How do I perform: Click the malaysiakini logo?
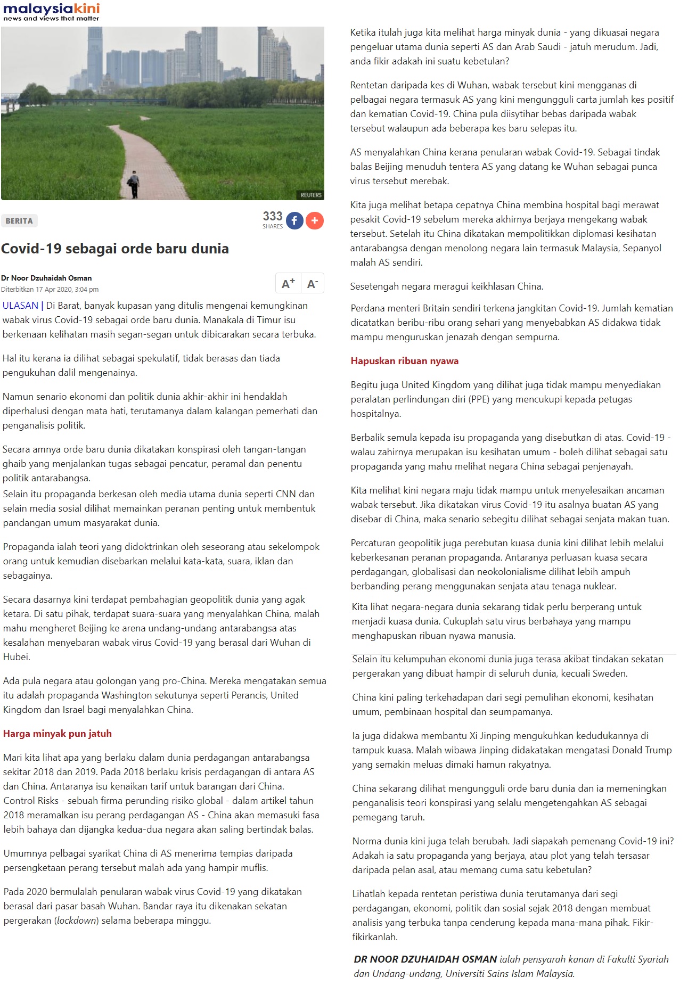(x=51, y=11)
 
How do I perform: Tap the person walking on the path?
(x=133, y=184)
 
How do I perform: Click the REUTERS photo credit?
(x=311, y=195)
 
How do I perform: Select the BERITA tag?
(x=19, y=221)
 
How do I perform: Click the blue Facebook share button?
(x=294, y=220)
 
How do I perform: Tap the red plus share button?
(x=315, y=220)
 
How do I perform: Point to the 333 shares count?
(x=272, y=218)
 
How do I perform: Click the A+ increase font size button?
(x=288, y=284)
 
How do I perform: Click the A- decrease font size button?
(x=313, y=284)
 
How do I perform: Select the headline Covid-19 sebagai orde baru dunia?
(x=115, y=249)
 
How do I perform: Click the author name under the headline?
(x=46, y=278)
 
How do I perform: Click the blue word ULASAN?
(x=20, y=306)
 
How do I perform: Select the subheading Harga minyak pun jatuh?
(x=58, y=734)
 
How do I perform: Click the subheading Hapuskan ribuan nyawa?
(x=404, y=361)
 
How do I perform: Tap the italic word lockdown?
(x=77, y=921)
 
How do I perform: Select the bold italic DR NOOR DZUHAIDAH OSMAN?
(x=425, y=959)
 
